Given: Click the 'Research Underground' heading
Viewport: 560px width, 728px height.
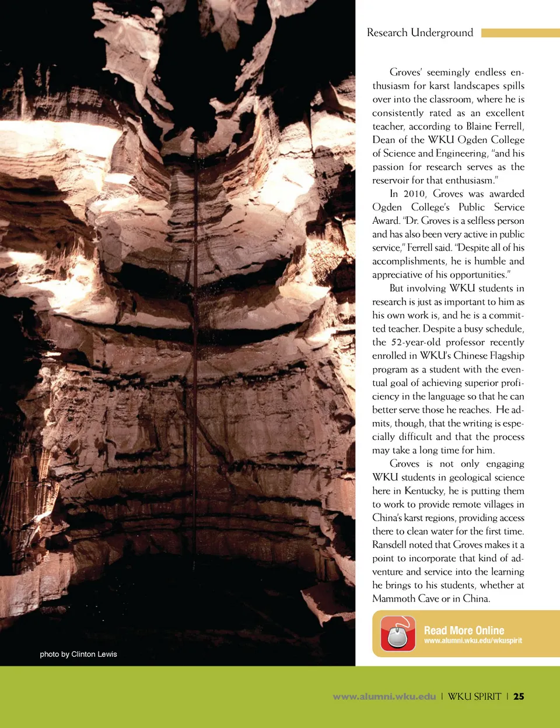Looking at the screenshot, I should [419, 33].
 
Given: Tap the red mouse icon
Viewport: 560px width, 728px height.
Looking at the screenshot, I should [398, 634].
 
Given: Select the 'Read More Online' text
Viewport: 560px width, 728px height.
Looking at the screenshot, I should [464, 630].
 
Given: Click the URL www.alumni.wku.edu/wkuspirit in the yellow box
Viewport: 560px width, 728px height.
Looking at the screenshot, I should [473, 641].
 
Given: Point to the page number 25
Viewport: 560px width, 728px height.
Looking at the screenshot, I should [519, 696].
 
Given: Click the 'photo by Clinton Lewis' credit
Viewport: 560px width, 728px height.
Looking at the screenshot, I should [78, 654].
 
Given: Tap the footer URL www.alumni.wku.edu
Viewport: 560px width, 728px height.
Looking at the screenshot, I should [384, 696].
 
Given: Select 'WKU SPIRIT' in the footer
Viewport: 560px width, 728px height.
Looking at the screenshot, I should [474, 696].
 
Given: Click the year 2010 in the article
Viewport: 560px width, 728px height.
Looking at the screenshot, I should [414, 194].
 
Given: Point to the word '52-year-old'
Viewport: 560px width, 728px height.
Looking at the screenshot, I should [415, 342].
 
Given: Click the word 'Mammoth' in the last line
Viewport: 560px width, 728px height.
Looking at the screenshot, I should [394, 599].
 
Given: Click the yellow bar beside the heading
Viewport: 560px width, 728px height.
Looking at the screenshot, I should [520, 33].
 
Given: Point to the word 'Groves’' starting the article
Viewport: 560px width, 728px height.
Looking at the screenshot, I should [405, 72].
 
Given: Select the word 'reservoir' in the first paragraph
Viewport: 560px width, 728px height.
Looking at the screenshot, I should [391, 180].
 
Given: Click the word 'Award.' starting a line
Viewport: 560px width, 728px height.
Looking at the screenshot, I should [386, 220].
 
